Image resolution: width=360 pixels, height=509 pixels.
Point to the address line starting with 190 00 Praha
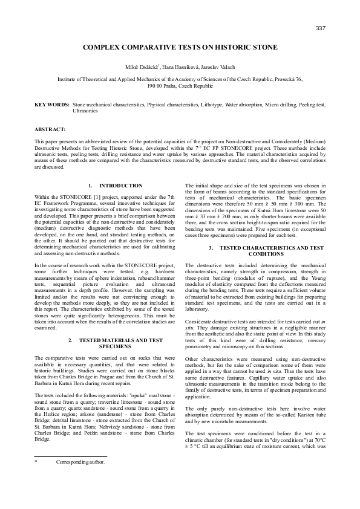click(x=180, y=86)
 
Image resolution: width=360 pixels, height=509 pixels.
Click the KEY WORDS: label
click(x=51, y=105)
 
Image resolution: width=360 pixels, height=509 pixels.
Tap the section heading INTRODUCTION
click(x=120, y=186)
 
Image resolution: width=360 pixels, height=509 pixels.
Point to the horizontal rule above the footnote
click(x=70, y=473)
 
